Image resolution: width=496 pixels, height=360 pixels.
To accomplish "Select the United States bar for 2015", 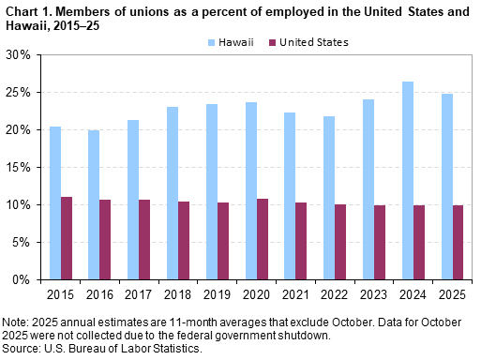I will click(67, 238).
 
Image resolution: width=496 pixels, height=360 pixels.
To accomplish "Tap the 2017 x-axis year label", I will click(139, 293).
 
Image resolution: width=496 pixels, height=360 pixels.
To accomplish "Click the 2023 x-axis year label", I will click(374, 293).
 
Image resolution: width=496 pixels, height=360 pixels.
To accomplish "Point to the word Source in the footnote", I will click(21, 350).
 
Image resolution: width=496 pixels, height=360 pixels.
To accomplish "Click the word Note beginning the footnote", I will click(15, 322).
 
